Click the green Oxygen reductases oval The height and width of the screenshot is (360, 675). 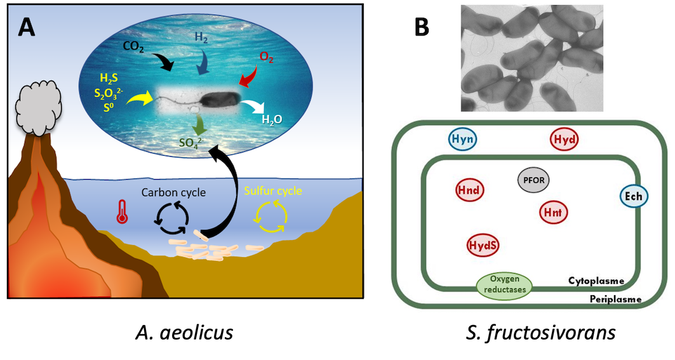click(505, 284)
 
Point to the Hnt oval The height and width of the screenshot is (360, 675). click(552, 213)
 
